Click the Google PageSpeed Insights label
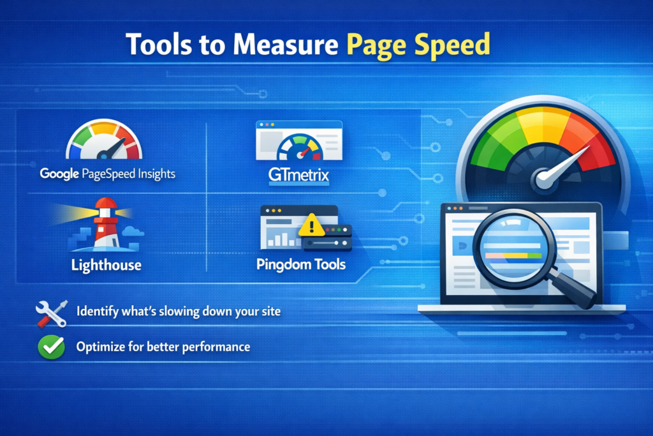click(107, 173)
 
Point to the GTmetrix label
click(298, 175)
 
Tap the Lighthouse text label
click(106, 264)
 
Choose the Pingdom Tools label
click(300, 264)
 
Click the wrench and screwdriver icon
click(51, 313)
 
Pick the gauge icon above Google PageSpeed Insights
click(105, 142)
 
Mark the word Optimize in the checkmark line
click(100, 347)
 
